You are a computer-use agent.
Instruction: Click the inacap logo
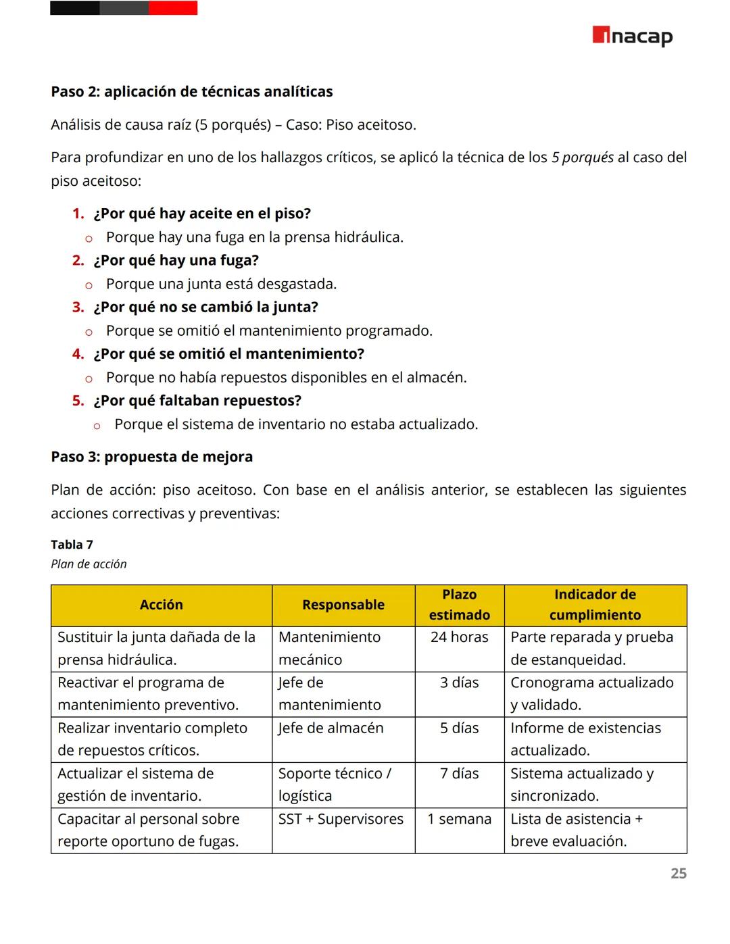(632, 36)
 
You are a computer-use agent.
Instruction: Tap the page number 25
(678, 873)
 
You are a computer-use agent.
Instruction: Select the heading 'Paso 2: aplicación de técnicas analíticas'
(191, 92)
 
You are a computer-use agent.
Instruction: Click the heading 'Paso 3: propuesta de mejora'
(151, 457)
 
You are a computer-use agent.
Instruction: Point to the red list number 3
(78, 307)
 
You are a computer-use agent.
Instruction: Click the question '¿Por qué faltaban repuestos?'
(197, 401)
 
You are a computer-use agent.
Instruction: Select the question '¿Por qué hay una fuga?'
(176, 260)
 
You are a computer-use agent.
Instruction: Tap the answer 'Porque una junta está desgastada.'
(221, 284)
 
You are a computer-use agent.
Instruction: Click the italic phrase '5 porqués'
(582, 157)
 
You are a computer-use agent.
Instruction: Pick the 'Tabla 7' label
(72, 545)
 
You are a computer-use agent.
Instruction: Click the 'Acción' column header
(161, 605)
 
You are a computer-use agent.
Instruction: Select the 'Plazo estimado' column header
(459, 605)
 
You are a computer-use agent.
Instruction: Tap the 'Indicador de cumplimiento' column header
(595, 605)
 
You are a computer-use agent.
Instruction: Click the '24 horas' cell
(459, 637)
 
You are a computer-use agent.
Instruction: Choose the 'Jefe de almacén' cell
(331, 728)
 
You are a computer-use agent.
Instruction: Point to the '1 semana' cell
(459, 819)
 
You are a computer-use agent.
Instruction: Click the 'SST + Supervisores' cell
(341, 819)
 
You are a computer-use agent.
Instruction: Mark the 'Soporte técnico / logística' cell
(335, 785)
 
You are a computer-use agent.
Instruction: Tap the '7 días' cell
(459, 774)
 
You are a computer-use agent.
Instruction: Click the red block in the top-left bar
(173, 8)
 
